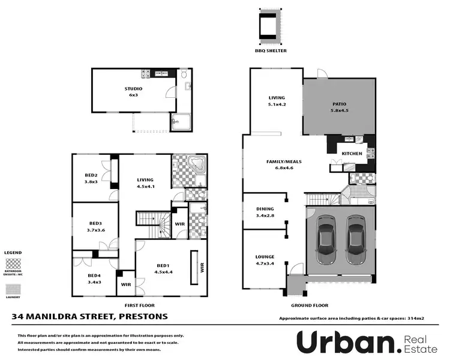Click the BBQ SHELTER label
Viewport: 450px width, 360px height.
(x=271, y=51)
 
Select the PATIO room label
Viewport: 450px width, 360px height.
(x=340, y=104)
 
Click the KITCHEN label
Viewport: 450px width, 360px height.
(x=352, y=154)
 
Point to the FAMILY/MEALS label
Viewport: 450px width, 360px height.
(x=283, y=162)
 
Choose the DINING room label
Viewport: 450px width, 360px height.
(x=265, y=209)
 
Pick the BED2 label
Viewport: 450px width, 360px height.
(x=91, y=175)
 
